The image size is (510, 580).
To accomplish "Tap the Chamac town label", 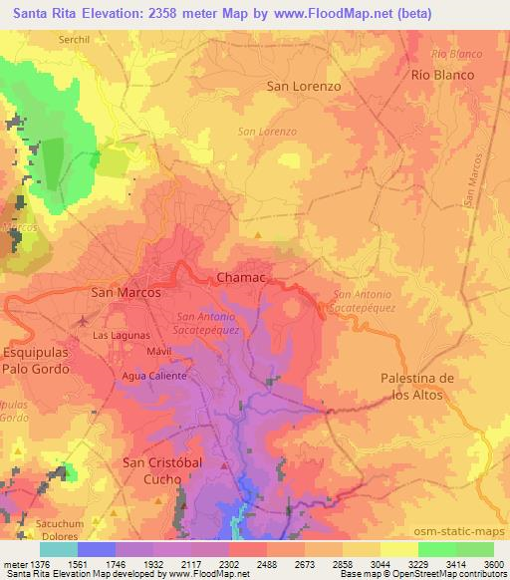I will click(240, 280).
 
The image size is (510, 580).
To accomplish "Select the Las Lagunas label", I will click(121, 336).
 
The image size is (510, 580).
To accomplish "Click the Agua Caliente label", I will click(148, 376).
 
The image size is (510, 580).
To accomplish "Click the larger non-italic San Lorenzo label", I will click(304, 87).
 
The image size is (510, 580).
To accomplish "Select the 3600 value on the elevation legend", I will click(493, 563).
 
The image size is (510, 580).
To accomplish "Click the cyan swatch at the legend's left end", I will click(59, 549).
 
